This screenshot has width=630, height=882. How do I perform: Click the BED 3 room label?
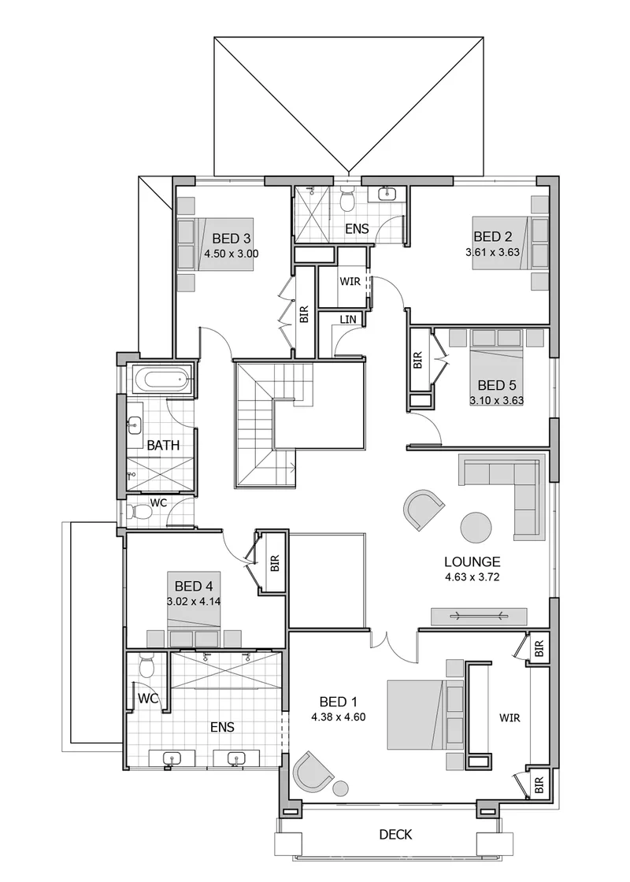tap(232, 238)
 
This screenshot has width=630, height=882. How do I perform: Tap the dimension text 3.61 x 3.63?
tap(493, 252)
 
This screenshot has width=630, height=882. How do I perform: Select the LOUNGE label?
tap(472, 561)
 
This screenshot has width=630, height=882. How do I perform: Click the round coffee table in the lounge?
tap(476, 527)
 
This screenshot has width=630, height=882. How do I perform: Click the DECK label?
tap(395, 834)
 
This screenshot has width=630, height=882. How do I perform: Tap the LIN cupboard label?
tap(347, 320)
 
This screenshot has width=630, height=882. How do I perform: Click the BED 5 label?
tap(497, 385)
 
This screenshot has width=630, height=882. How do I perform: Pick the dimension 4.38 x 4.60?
tap(339, 717)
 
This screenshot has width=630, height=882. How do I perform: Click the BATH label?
tap(163, 446)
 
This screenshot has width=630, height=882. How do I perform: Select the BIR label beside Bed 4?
tap(275, 564)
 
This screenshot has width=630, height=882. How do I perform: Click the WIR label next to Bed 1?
tap(510, 717)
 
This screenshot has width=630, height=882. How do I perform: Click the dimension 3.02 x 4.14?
tap(194, 602)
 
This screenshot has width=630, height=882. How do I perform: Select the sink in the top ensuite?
tap(387, 195)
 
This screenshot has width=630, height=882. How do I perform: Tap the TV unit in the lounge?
tap(480, 616)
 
